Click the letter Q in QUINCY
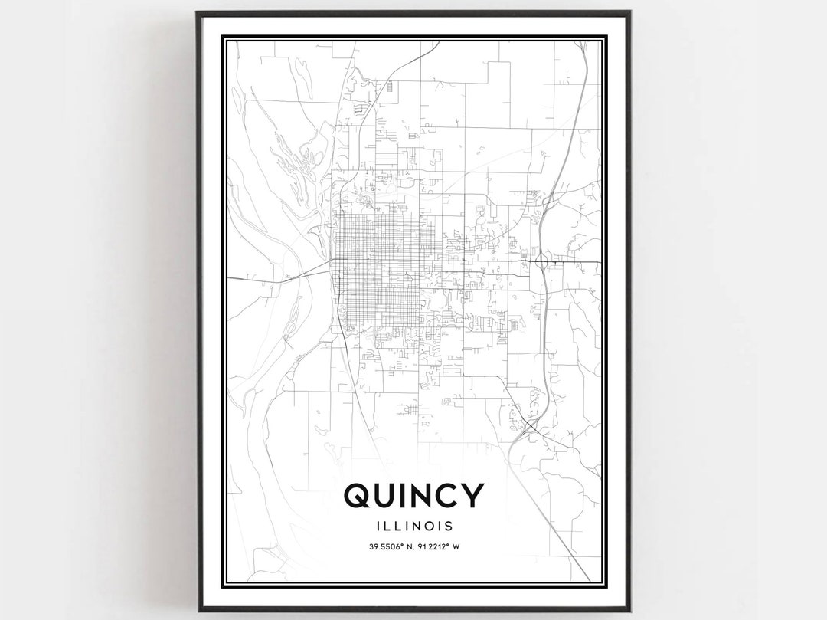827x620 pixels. (x=359, y=496)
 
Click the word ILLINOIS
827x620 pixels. (x=414, y=526)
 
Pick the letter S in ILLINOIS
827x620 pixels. (x=448, y=526)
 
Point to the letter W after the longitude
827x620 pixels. (x=457, y=546)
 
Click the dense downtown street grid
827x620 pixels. (x=375, y=268)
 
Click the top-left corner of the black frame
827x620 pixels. (x=198, y=12)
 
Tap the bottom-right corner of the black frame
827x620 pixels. (x=629, y=610)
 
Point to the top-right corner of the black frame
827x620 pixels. (x=629, y=12)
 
